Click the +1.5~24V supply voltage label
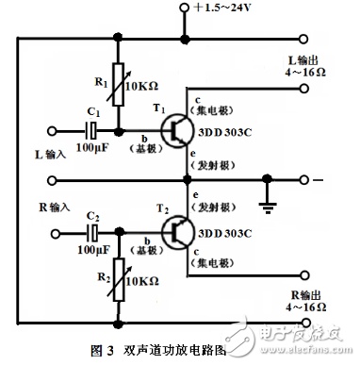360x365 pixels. (222, 8)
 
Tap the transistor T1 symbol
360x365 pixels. (176, 130)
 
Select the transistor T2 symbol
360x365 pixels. (177, 232)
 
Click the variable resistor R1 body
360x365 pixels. (119, 84)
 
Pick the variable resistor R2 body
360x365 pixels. (119, 280)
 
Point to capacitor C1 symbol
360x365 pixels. (91, 130)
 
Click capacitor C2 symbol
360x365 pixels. (92, 233)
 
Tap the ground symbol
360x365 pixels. (268, 208)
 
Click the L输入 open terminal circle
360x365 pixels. (52, 131)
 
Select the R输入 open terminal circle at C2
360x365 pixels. (56, 234)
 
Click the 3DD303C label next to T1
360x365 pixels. (225, 132)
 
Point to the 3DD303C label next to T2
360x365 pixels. (225, 233)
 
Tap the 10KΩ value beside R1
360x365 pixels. (142, 86)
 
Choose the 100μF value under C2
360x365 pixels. (94, 250)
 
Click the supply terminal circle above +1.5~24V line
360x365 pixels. (185, 8)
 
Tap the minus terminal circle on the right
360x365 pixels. (303, 180)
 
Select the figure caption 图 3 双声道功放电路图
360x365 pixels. (158, 350)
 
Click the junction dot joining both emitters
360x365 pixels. (188, 180)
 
